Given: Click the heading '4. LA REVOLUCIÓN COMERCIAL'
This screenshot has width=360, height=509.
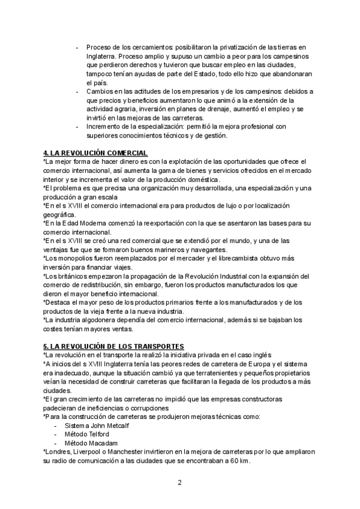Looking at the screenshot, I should [95, 153].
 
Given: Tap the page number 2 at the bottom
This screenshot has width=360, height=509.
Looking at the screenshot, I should [179, 482].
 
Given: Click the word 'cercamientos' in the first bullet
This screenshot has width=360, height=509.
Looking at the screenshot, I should [149, 47].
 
